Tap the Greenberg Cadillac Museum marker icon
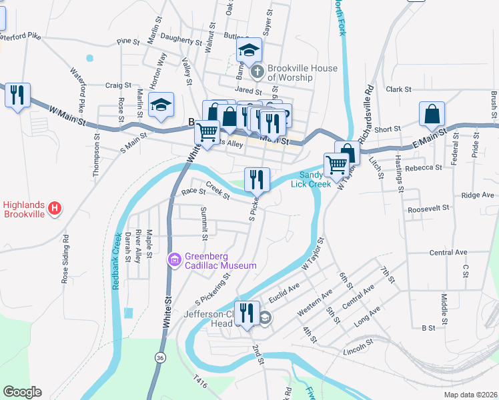point(175,259)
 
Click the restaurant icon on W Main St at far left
point(17,94)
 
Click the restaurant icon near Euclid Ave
point(247,314)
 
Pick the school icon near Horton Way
point(161,105)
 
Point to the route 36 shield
point(159,358)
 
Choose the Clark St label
point(398,89)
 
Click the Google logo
point(22,392)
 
